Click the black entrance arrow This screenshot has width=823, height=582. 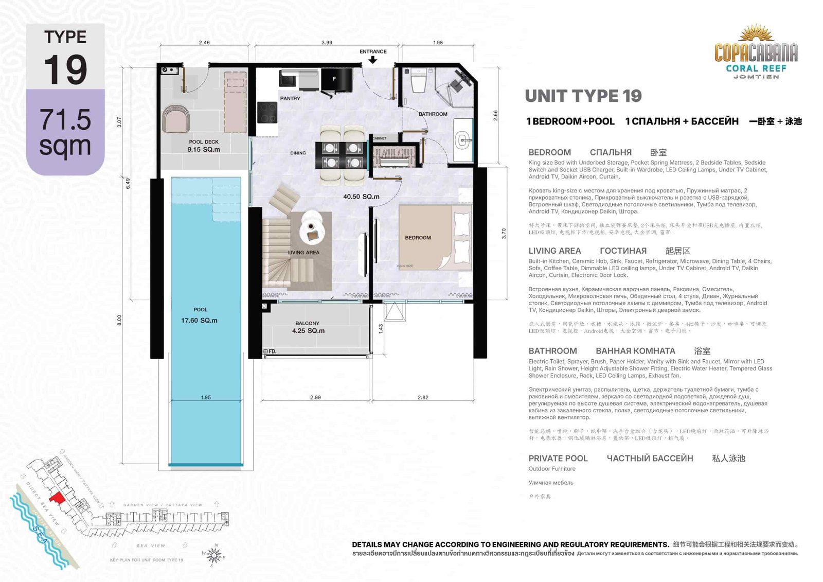373,60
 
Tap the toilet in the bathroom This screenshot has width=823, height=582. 418,82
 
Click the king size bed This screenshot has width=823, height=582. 435,237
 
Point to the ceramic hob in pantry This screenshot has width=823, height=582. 267,112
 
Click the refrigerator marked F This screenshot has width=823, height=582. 336,79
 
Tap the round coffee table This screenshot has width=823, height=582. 312,226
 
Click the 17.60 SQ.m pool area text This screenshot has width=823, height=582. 199,320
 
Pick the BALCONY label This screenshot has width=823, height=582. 307,323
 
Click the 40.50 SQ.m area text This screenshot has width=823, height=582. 361,197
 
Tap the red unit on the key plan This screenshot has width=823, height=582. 57,498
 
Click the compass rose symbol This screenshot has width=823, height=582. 214,555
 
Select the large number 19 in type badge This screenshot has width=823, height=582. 65,70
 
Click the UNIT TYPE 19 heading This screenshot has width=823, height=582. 583,96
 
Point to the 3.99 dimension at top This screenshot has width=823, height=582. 327,43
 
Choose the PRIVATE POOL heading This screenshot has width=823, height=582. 558,458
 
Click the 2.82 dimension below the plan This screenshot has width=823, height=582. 423,397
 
